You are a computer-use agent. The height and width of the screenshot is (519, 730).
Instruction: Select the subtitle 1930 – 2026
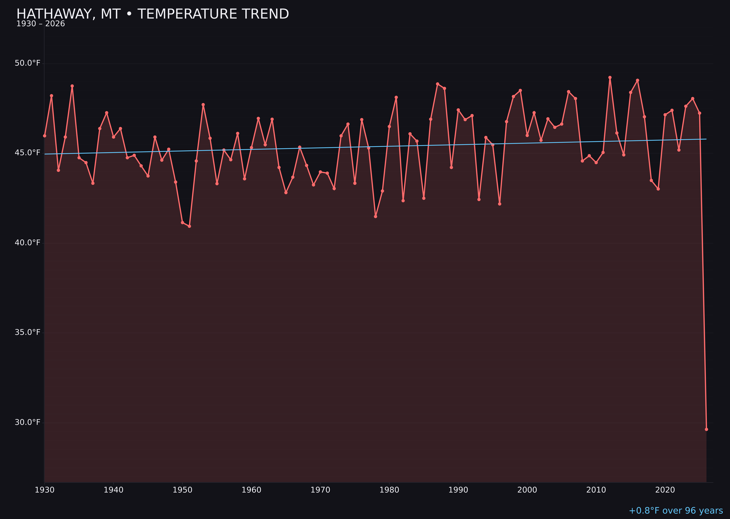41,24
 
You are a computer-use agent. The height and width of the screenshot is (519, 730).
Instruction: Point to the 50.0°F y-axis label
28,63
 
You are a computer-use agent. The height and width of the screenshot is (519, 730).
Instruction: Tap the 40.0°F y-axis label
28,243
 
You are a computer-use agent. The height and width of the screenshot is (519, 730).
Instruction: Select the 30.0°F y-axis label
28,422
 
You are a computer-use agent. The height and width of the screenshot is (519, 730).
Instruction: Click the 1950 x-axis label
182,490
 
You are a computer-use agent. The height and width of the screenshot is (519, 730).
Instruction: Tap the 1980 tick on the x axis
389,490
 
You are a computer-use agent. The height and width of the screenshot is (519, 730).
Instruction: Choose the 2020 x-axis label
665,490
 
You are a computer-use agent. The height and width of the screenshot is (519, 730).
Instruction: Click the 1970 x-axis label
320,490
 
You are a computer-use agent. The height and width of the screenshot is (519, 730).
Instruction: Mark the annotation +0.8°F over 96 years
676,511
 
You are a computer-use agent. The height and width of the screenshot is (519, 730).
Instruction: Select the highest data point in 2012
610,77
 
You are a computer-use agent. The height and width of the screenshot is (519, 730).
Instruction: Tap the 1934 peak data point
72,86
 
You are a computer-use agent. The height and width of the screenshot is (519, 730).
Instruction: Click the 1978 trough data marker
376,217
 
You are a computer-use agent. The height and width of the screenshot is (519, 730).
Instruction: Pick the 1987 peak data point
438,84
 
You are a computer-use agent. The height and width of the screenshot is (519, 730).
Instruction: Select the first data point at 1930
45,136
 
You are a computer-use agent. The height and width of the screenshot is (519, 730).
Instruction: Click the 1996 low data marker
500,204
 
